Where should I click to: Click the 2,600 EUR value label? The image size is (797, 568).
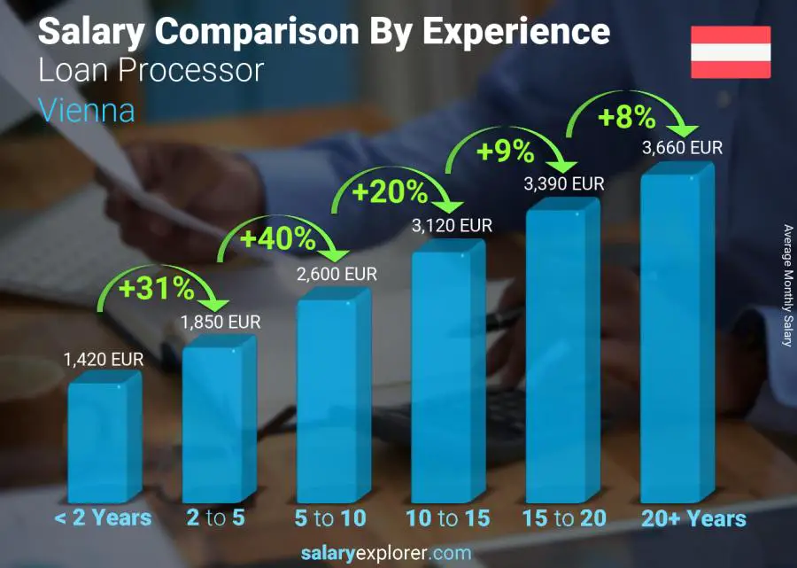tap(337, 275)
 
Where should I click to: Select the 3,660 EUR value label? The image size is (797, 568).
tap(682, 148)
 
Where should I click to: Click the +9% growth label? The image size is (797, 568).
tap(506, 152)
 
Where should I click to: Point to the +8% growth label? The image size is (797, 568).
tap(626, 117)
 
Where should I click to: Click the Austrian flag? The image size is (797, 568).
tap(731, 52)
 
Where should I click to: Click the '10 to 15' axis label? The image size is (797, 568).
tap(446, 518)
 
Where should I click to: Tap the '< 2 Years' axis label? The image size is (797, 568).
tap(103, 518)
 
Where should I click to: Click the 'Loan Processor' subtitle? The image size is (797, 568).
tap(151, 71)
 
